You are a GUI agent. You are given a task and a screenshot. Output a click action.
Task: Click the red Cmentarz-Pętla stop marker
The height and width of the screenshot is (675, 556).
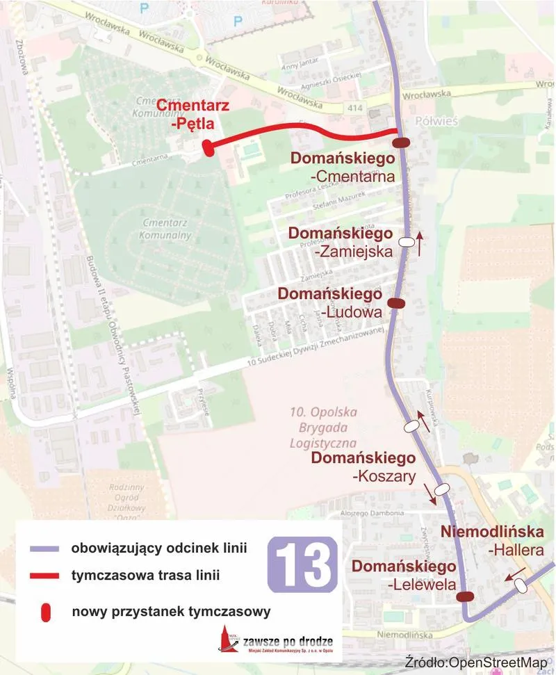(206, 147)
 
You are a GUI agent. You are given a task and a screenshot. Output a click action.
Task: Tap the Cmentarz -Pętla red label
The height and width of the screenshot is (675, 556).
(185, 115)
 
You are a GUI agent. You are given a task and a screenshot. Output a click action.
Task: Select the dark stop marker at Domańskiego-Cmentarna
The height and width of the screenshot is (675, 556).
(401, 143)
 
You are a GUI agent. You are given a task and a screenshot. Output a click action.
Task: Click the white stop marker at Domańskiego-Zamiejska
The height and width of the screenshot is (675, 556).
(406, 242)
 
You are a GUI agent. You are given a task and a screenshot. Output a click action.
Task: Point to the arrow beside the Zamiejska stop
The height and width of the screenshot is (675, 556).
(420, 245)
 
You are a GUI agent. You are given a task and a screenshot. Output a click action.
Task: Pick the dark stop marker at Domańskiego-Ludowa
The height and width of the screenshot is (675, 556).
(395, 303)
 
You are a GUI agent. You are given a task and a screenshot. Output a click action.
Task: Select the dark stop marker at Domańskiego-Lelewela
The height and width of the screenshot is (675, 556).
(465, 596)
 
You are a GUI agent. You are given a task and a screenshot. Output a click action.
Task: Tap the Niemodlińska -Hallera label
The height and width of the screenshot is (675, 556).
(492, 541)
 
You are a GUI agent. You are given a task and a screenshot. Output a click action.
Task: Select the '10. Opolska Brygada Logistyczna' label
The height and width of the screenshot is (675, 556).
(322, 427)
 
